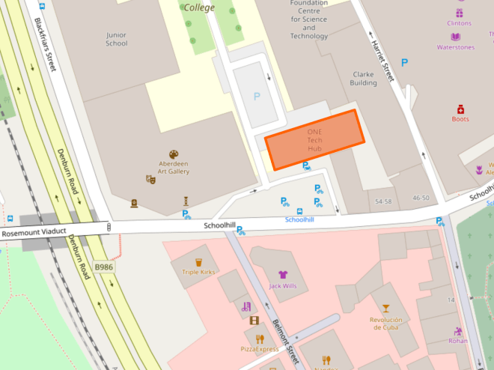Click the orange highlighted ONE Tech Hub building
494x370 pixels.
[x=314, y=139]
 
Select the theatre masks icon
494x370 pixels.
[x=150, y=180]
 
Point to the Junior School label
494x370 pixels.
[x=118, y=38]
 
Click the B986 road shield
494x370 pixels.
[x=103, y=266]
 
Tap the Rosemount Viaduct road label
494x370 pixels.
[x=34, y=234]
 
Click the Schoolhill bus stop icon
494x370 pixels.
[x=299, y=210]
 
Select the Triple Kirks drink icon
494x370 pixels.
[x=199, y=262]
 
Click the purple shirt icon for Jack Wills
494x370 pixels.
[x=283, y=274]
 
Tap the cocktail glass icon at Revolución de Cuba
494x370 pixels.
[x=385, y=308]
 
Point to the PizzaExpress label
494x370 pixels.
[x=260, y=349]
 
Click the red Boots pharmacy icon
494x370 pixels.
[x=460, y=109]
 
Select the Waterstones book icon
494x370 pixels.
[x=455, y=37]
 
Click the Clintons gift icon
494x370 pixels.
[x=460, y=13]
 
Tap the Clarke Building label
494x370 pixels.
[x=364, y=79]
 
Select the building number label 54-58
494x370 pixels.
[x=383, y=201]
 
